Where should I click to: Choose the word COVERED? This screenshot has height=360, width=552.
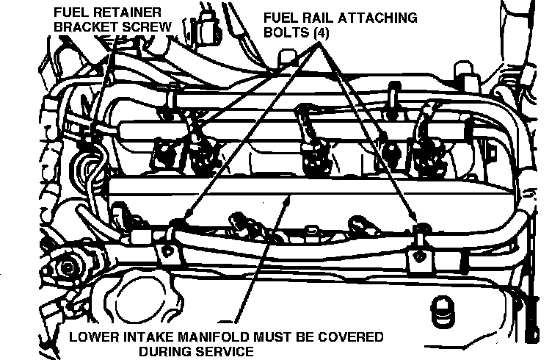pyautogui.click(x=351, y=337)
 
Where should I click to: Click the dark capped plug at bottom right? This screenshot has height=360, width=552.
pyautogui.click(x=442, y=311)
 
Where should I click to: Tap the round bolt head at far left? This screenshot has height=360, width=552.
pyautogui.click(x=67, y=267)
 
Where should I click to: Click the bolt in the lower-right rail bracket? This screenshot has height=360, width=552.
pyautogui.click(x=419, y=256)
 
